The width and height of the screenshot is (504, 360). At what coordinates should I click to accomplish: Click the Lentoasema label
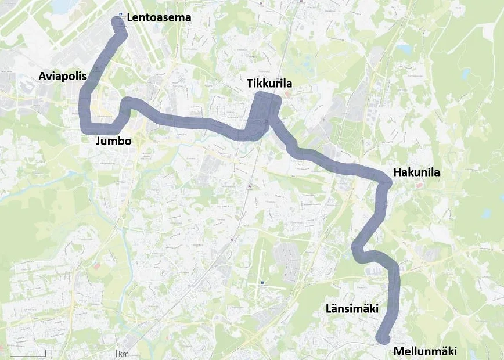[x=159, y=18]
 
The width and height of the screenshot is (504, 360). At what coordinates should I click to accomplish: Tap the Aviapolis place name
[x=62, y=76]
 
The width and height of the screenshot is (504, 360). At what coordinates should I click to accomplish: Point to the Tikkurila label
[x=269, y=85]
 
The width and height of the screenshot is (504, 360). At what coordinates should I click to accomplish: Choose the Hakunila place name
[x=417, y=172]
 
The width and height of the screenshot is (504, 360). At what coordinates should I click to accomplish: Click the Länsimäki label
[x=352, y=309]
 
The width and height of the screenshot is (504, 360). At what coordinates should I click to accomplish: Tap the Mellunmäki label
[x=425, y=351]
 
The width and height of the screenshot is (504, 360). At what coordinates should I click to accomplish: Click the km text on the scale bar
[x=123, y=354]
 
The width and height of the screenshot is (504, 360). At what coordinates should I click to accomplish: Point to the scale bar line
[x=58, y=351]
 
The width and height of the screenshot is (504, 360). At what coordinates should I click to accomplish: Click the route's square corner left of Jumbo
[x=84, y=128]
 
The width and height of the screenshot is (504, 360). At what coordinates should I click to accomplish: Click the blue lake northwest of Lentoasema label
[x=61, y=6]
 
